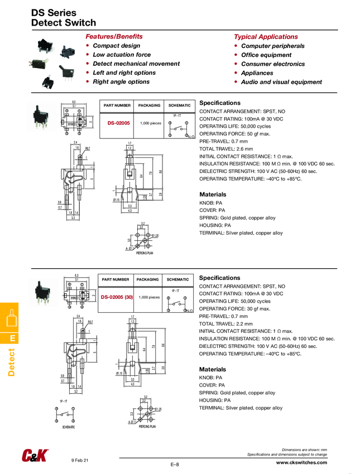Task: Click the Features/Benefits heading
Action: (x=114, y=36)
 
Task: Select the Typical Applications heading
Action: (x=266, y=36)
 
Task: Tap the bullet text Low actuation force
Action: (x=122, y=55)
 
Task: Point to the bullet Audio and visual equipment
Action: (x=281, y=82)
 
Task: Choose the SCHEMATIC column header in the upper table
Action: (x=180, y=105)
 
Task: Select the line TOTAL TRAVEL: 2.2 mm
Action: (x=226, y=323)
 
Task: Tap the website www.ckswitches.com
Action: (x=301, y=463)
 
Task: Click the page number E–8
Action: (x=175, y=465)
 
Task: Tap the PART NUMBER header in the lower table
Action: (x=116, y=279)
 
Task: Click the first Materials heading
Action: (x=213, y=194)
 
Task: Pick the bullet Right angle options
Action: (x=121, y=82)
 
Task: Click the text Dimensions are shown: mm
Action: (x=304, y=449)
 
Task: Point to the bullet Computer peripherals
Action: (x=273, y=46)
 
